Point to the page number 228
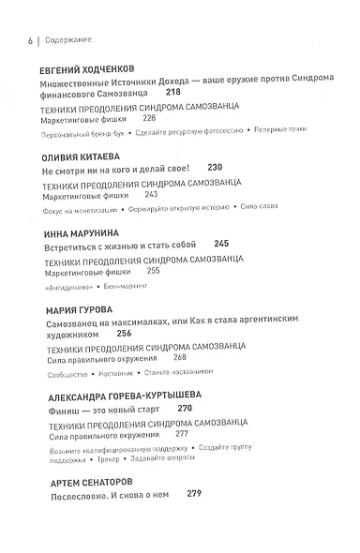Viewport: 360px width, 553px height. [x=148, y=120]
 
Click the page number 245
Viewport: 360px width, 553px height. [x=221, y=243]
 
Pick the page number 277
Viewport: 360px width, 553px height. [x=182, y=433]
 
